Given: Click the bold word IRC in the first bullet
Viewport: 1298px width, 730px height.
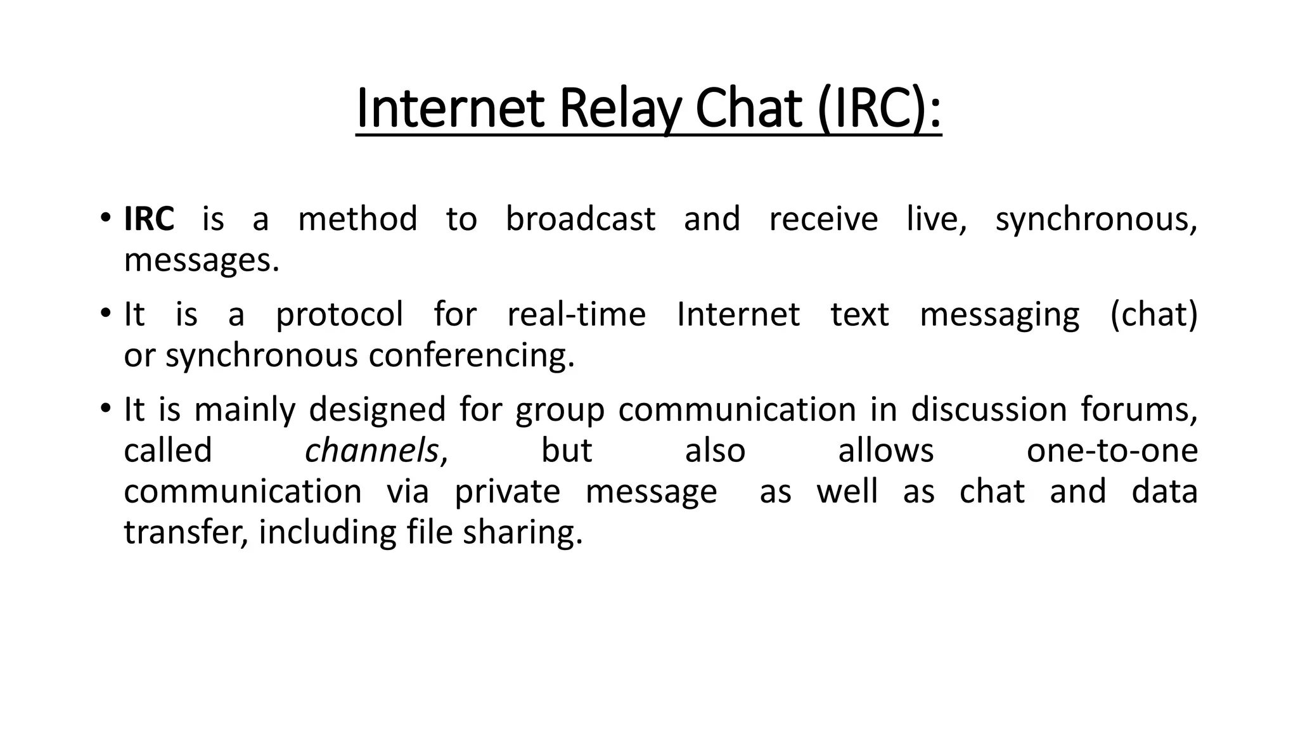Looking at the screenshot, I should coord(149,219).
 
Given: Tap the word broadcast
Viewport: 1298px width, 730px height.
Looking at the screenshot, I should coord(580,219).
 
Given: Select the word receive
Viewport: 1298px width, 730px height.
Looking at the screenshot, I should coord(823,219).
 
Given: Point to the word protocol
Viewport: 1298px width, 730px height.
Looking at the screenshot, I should coord(339,314).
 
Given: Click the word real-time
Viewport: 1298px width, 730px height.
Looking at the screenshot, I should coord(576,314).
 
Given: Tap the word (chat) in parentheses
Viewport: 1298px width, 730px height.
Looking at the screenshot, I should coord(1153,314).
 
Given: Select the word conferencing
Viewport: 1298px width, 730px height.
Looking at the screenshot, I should coord(472,355).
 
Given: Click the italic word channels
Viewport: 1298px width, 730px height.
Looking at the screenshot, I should coord(371,451).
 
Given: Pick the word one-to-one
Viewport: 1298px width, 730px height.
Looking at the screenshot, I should coord(1112,451).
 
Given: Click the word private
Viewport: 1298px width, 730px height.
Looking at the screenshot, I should coord(507,492).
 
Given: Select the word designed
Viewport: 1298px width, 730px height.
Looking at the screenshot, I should coord(377,410).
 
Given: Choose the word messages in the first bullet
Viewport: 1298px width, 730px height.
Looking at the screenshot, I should coord(201,260).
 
